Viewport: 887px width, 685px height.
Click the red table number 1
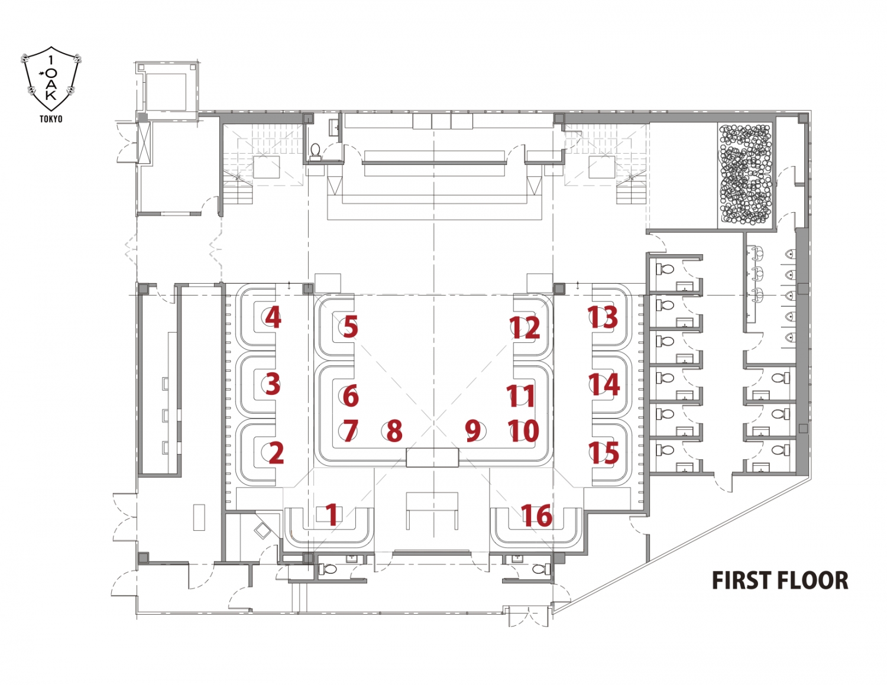pyautogui.click(x=332, y=515)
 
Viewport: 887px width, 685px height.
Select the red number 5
pyautogui.click(x=350, y=327)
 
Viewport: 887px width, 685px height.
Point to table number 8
pyautogui.click(x=394, y=431)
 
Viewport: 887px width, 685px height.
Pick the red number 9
pyautogui.click(x=473, y=431)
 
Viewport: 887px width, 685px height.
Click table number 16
pyautogui.click(x=537, y=515)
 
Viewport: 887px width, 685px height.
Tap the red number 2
pyautogui.click(x=276, y=453)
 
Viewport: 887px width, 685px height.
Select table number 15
pyautogui.click(x=604, y=453)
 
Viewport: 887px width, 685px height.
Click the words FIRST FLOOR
pyautogui.click(x=779, y=580)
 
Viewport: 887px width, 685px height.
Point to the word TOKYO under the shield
pyautogui.click(x=51, y=119)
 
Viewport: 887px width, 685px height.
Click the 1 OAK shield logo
pyautogui.click(x=51, y=79)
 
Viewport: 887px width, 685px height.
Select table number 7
pyautogui.click(x=350, y=431)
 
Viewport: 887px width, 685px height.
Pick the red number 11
pyautogui.click(x=521, y=396)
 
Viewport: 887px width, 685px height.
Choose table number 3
pyautogui.click(x=272, y=384)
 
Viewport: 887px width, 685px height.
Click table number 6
pyautogui.click(x=351, y=396)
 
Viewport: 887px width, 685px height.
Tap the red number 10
pyautogui.click(x=524, y=431)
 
